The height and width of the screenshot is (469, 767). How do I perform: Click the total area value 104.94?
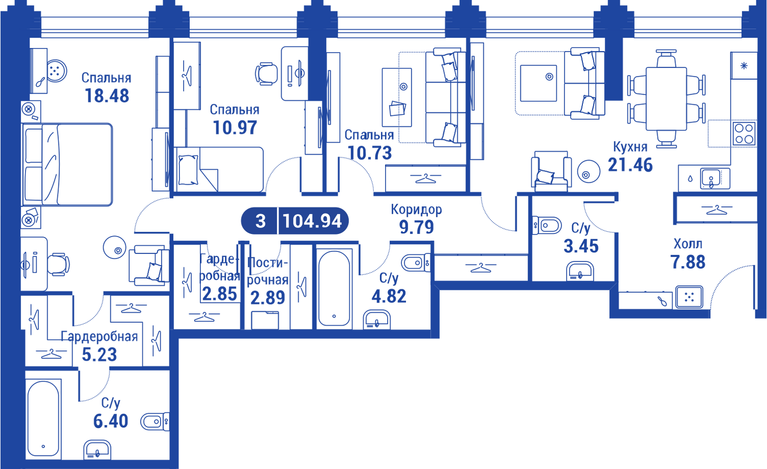tap(312, 221)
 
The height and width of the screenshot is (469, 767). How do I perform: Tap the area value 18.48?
tap(107, 96)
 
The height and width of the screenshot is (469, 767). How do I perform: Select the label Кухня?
tap(630, 147)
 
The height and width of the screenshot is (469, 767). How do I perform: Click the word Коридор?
tap(416, 209)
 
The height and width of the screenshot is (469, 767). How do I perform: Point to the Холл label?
tap(688, 244)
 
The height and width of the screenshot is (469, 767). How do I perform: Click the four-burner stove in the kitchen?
tap(744, 134)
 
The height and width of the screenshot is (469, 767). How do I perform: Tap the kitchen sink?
tap(715, 178)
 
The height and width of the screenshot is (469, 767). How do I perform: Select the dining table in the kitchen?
tap(666, 99)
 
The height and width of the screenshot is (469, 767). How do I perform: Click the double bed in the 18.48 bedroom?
tap(67, 165)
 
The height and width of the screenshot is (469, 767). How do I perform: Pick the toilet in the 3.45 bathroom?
tap(547, 225)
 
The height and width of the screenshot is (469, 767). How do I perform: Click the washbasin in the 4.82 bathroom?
tap(376, 319)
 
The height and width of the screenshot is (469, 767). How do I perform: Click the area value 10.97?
tap(235, 128)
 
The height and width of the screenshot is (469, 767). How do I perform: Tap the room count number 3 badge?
tap(260, 221)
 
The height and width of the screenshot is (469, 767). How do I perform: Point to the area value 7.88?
tap(688, 262)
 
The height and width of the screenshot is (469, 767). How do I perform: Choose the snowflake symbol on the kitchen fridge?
tap(743, 66)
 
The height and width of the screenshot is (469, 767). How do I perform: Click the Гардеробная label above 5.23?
tap(99, 337)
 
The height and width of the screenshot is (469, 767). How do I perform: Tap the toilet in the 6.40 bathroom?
tap(155, 421)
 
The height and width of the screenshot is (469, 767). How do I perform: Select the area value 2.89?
tap(267, 298)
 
